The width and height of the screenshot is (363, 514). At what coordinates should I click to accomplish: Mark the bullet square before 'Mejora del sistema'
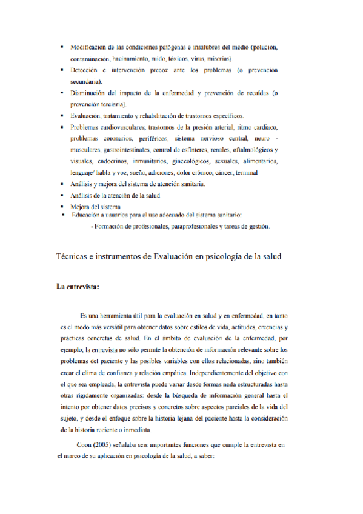[62, 207]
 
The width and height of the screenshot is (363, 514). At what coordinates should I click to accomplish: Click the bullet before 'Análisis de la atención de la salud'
[62, 195]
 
